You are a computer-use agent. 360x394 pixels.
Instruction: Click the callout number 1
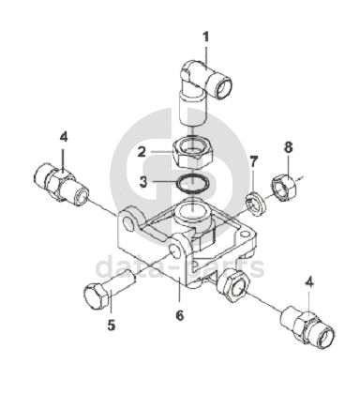205,38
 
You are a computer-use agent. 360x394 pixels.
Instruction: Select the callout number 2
142,152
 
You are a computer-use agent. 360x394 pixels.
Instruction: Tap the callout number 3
142,182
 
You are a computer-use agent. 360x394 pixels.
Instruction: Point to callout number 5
112,326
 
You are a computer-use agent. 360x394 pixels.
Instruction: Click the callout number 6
180,315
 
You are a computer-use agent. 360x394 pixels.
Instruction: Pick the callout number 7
254,162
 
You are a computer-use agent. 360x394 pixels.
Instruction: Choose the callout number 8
288,147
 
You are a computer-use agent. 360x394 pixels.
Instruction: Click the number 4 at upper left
64,137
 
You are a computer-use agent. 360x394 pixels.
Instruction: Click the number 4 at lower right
309,282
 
